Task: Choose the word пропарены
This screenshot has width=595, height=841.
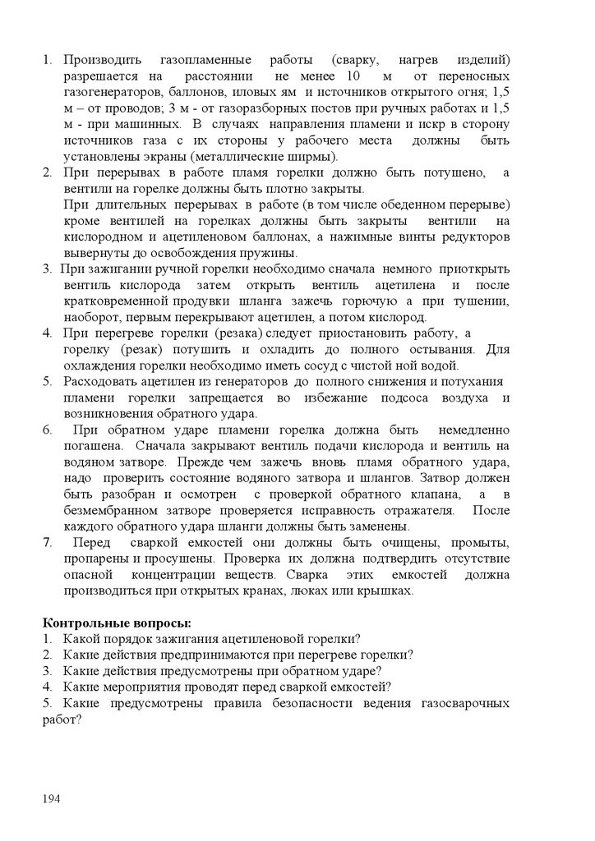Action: (95, 558)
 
